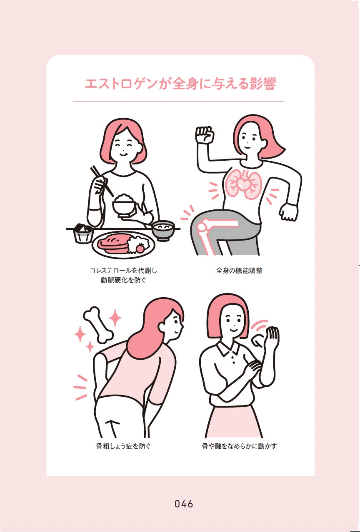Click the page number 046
coord(184,504)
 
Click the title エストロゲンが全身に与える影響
coord(180,84)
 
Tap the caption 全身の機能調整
coord(239,271)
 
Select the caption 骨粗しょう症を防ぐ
coord(123,446)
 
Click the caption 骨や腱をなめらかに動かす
coord(239,446)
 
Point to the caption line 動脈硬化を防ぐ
coord(123,280)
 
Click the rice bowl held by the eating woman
coord(124,206)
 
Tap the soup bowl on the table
coord(163,230)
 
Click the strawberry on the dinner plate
coord(140,249)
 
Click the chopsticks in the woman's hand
coord(102,181)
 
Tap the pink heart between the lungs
coord(243,183)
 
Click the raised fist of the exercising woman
coord(205,134)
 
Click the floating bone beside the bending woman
coord(98,325)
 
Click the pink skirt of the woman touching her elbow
coord(233,421)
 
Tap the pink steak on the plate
coord(113,244)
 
